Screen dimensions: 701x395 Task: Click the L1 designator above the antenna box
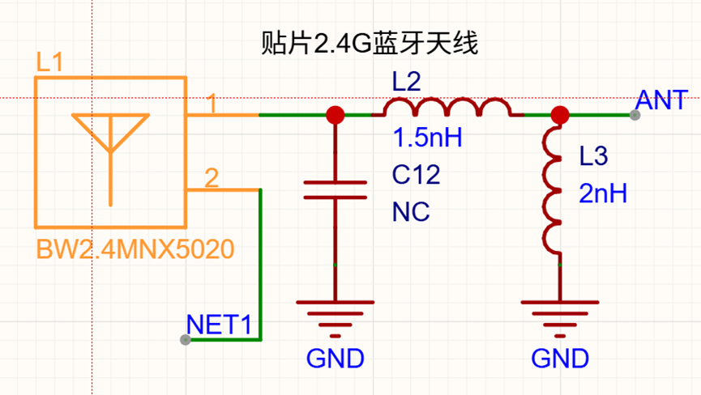pos(49,62)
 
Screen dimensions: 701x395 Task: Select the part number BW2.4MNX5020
pos(135,249)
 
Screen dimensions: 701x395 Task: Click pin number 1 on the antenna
pos(212,104)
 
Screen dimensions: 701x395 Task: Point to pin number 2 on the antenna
pos(212,178)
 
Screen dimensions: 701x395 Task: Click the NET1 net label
pos(219,325)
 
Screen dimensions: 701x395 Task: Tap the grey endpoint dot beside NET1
pos(186,340)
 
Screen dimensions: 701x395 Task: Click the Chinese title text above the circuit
pos(370,43)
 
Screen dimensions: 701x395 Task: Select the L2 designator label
pos(406,82)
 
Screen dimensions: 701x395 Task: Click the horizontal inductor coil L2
pos(447,107)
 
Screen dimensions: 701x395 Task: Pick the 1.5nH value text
pos(427,137)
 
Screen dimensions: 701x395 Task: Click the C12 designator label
pos(417,175)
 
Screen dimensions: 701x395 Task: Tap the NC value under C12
pos(411,212)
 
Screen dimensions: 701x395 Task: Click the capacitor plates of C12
pos(336,189)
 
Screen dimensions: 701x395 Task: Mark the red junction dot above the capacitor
pos(336,115)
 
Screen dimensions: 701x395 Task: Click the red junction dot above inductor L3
pos(560,115)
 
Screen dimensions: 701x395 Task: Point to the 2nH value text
pos(603,193)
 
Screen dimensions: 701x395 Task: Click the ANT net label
pos(661,100)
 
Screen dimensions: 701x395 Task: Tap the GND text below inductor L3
pos(560,359)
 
